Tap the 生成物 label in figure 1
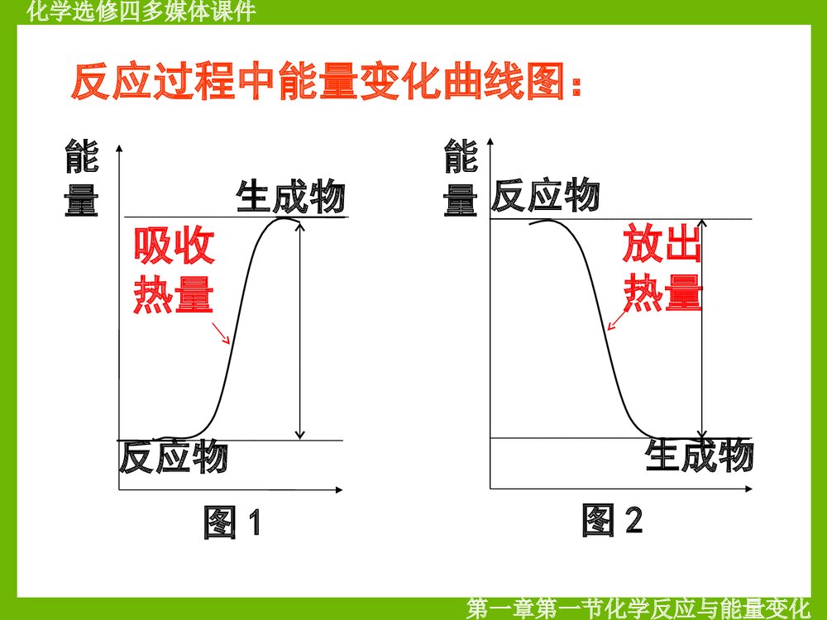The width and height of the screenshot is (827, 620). click(290, 198)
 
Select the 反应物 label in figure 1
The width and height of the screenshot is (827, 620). click(173, 456)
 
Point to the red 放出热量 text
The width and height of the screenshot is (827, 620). click(662, 266)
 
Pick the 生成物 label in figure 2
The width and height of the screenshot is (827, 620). click(700, 455)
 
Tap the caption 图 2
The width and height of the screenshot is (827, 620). click(612, 520)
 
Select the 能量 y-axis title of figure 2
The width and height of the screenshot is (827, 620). click(461, 179)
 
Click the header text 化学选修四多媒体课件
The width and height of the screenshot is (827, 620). click(141, 11)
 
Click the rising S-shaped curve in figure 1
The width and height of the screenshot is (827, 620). click(236, 331)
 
